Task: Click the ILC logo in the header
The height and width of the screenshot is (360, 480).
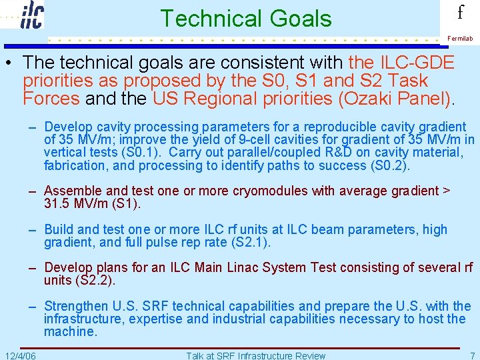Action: pyautogui.click(x=32, y=15)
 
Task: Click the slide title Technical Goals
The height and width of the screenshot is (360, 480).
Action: pyautogui.click(x=245, y=18)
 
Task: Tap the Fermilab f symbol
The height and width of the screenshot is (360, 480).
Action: pyautogui.click(x=460, y=13)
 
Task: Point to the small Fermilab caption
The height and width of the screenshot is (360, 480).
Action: pyautogui.click(x=460, y=39)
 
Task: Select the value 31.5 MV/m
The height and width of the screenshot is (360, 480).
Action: pyautogui.click(x=75, y=203)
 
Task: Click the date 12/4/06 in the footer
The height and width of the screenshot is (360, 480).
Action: pyautogui.click(x=20, y=355)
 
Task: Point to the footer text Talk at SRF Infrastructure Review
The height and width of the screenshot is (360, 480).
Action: pyautogui.click(x=256, y=355)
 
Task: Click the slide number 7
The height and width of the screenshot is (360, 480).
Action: pyautogui.click(x=472, y=355)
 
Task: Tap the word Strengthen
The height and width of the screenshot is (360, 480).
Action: pyautogui.click(x=76, y=307)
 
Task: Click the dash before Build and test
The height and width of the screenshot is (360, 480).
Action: pyautogui.click(x=32, y=230)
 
